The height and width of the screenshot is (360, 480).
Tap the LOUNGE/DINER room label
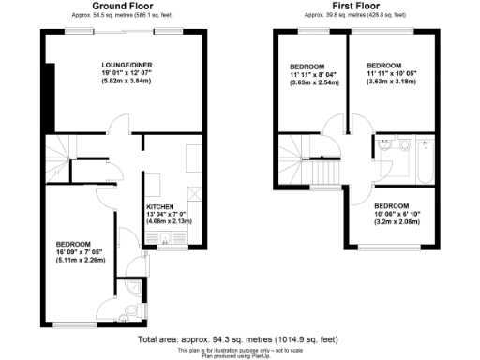pyautogui.click(x=128, y=65)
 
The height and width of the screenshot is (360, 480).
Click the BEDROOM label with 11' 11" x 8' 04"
pyautogui.click(x=307, y=67)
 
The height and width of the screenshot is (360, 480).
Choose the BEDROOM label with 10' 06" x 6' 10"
pyautogui.click(x=392, y=205)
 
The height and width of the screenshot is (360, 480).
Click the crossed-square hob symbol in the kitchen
pyautogui.click(x=195, y=193)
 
